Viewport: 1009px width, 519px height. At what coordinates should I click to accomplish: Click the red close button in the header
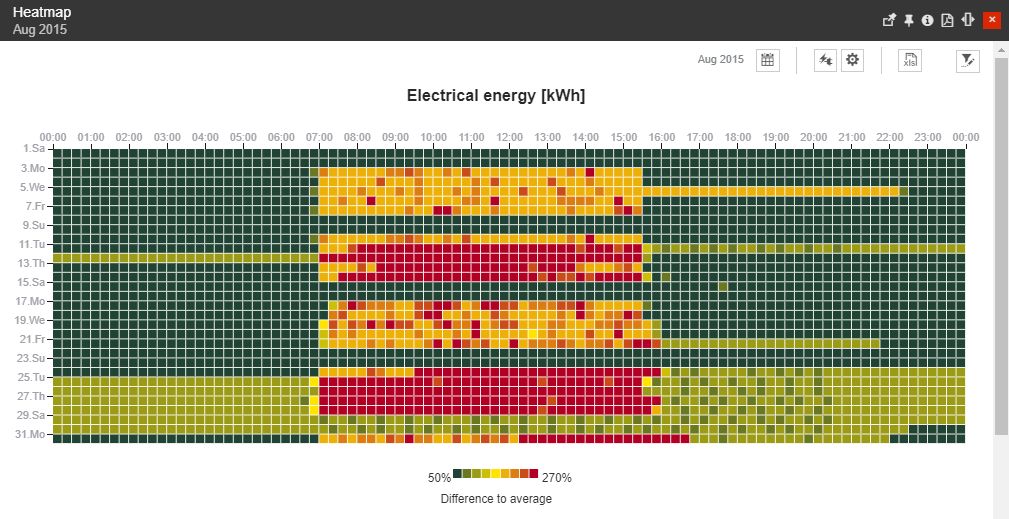[x=991, y=20]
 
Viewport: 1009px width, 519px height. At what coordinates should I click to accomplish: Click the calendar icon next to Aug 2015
[x=767, y=60]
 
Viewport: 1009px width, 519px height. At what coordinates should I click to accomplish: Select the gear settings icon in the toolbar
[x=852, y=60]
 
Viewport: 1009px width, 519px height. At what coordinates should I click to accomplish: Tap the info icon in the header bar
[x=928, y=20]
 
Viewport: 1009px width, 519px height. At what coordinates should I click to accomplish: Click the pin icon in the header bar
[x=909, y=20]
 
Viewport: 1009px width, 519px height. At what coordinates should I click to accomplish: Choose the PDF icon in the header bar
[x=947, y=20]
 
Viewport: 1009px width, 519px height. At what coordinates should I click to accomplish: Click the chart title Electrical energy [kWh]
[x=496, y=96]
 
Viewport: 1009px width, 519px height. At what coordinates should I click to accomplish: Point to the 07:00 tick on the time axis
[x=320, y=137]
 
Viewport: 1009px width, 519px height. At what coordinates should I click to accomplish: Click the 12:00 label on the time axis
[x=510, y=137]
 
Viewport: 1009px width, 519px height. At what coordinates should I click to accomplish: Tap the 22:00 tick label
[x=890, y=137]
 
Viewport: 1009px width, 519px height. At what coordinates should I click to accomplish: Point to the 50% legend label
[x=439, y=478]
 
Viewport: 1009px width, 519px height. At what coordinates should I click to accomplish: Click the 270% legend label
[x=556, y=478]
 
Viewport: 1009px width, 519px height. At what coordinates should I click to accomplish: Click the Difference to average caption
[x=496, y=498]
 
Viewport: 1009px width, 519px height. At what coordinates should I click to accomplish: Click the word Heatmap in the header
[x=42, y=12]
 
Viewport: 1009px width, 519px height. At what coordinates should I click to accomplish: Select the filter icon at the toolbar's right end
[x=967, y=60]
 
